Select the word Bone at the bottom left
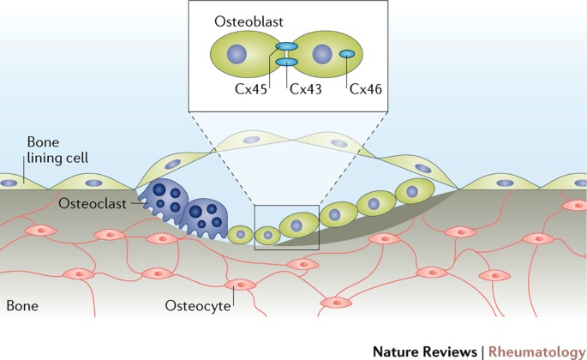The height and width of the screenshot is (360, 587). pyautogui.click(x=21, y=305)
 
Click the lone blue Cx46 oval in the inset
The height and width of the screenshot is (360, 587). pyautogui.click(x=348, y=55)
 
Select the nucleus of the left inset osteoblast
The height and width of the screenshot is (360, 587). pyautogui.click(x=237, y=55)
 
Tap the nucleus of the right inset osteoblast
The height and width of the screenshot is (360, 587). pyautogui.click(x=321, y=55)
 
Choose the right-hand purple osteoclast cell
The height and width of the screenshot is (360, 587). pyautogui.click(x=207, y=218)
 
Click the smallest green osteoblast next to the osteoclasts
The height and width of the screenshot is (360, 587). pyautogui.click(x=242, y=232)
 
